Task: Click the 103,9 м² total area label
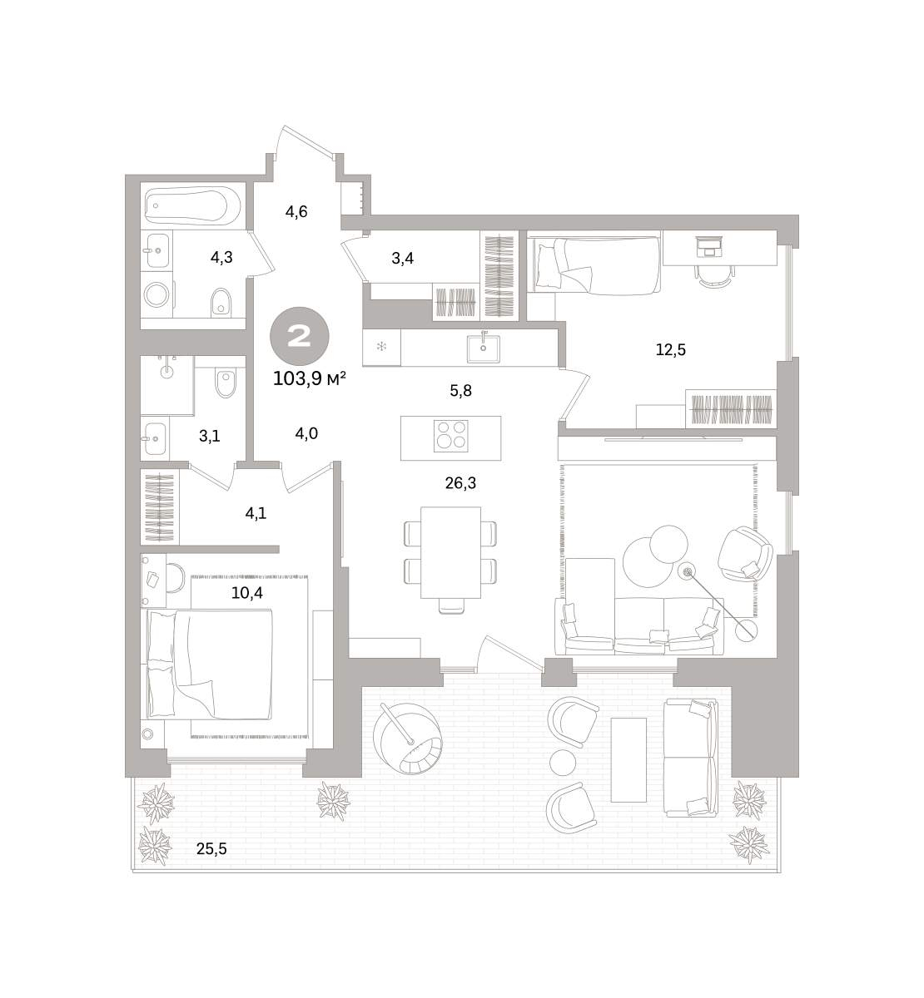(x=309, y=378)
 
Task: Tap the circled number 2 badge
(x=300, y=337)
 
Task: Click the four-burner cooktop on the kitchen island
(x=450, y=435)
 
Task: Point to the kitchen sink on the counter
(x=483, y=348)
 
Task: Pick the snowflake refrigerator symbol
(x=381, y=346)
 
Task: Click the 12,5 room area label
(x=670, y=350)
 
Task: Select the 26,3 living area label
(x=460, y=483)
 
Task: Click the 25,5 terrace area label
(x=211, y=849)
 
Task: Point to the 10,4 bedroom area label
(x=247, y=593)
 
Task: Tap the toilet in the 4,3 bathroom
(x=221, y=301)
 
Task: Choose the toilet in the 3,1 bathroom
(x=224, y=383)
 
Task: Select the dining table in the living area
(x=450, y=552)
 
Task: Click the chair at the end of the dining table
(x=451, y=606)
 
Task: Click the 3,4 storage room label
(x=402, y=259)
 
